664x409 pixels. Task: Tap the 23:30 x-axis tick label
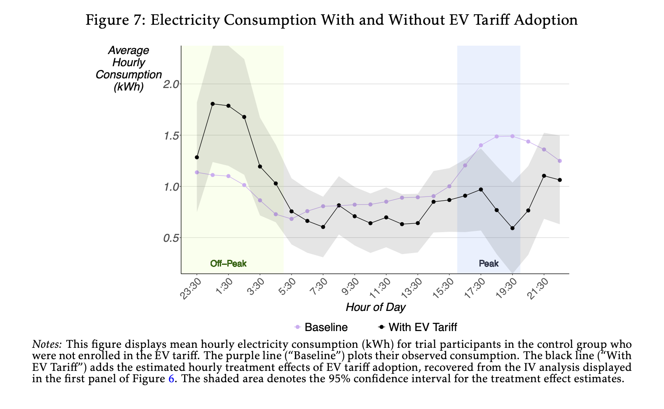click(191, 289)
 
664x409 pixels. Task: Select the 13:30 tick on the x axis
click(412, 289)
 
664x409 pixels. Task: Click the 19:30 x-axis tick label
click(506, 289)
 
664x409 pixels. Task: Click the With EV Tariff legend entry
click(418, 327)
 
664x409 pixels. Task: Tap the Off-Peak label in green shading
click(228, 264)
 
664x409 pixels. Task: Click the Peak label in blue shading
click(489, 264)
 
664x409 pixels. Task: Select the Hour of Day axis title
click(375, 308)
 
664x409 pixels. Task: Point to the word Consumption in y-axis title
click(128, 75)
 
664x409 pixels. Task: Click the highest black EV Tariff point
click(213, 104)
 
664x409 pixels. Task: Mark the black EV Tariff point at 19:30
click(512, 228)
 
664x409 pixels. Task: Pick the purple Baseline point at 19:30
click(512, 136)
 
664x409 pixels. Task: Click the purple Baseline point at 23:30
click(197, 172)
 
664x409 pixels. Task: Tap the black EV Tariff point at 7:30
click(323, 227)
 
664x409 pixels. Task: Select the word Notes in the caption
click(47, 344)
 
